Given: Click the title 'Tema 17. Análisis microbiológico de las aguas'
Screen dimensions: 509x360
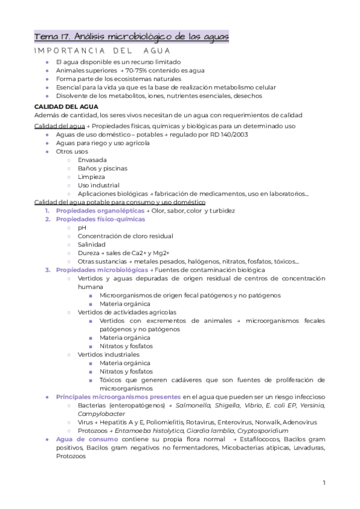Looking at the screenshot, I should coord(131,37).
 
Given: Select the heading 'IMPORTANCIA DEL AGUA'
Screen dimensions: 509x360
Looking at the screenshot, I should coord(103,51).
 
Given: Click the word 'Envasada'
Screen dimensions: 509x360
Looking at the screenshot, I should coord(92,160).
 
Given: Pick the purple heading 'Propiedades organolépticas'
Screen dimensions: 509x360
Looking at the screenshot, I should coord(100,211).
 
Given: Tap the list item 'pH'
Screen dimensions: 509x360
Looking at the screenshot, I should coord(82,227).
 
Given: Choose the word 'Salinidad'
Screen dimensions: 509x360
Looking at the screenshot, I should coord(92,244).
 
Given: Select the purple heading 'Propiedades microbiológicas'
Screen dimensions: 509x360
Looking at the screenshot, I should coord(102,270).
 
